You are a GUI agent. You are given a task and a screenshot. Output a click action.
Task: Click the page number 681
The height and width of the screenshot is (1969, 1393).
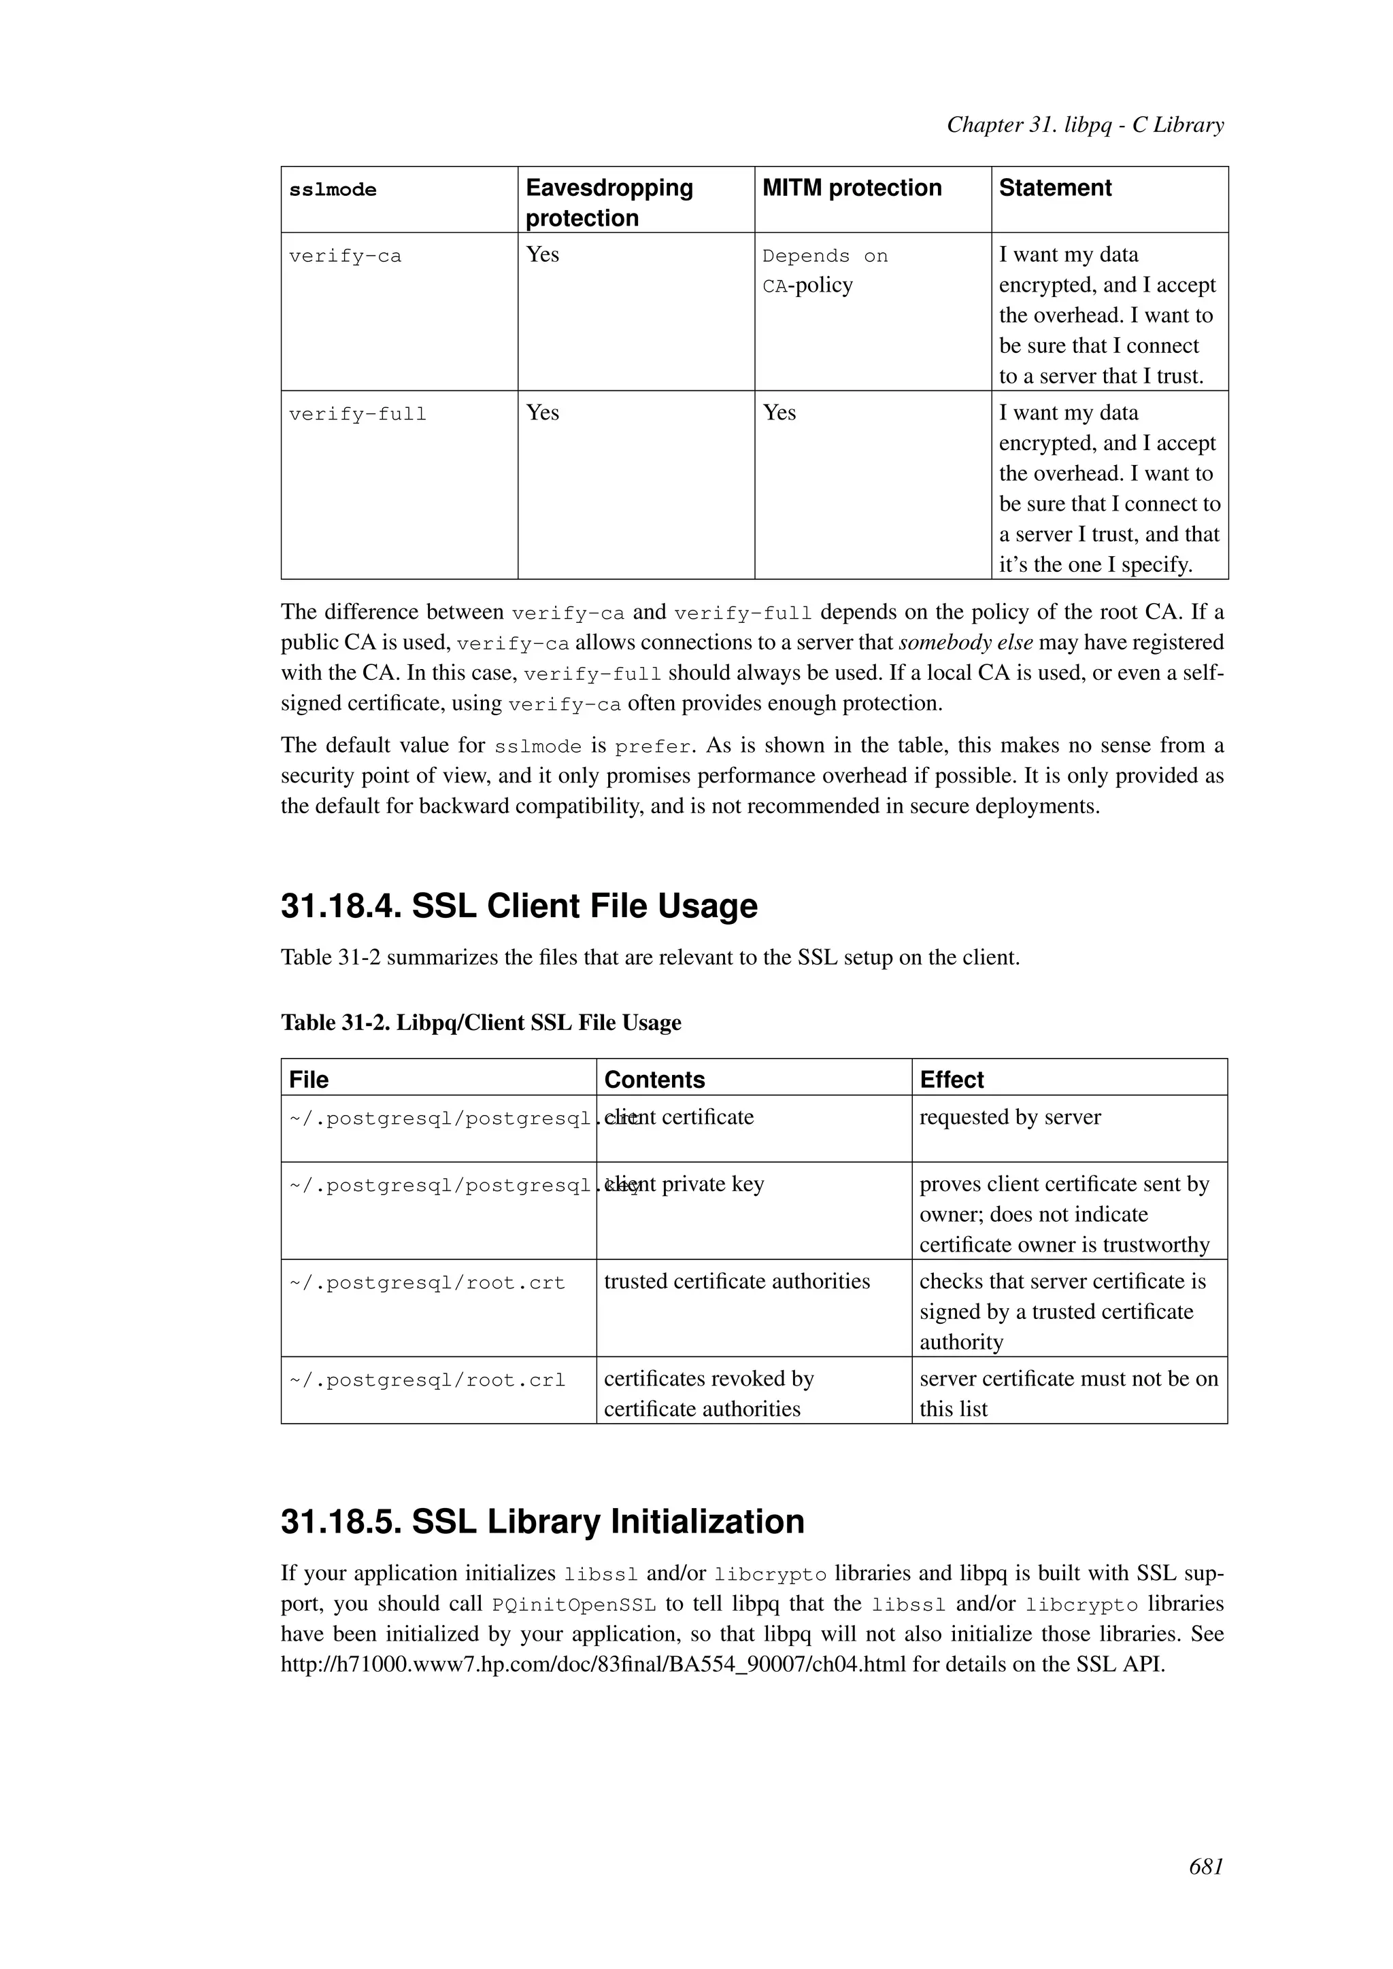pyautogui.click(x=1205, y=1867)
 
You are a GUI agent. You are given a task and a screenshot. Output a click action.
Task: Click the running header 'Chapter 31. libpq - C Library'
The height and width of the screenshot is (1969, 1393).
pyautogui.click(x=1084, y=125)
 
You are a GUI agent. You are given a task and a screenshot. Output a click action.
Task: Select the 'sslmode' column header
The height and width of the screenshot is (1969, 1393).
pyautogui.click(x=333, y=190)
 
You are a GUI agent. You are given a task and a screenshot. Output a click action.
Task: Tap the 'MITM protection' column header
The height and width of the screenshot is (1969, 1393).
pyautogui.click(x=851, y=188)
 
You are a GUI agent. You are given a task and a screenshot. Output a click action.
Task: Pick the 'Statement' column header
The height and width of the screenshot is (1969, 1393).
pyautogui.click(x=1054, y=188)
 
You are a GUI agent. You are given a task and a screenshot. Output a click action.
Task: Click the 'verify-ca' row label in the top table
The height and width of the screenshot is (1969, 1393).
pyautogui.click(x=345, y=256)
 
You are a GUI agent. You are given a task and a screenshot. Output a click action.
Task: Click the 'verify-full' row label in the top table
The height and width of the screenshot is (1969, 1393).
pyautogui.click(x=357, y=415)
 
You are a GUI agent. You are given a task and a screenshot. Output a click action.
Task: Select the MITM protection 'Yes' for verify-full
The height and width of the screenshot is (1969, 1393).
pyautogui.click(x=779, y=413)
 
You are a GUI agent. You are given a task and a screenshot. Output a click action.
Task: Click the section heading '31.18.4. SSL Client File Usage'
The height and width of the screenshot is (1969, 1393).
pyautogui.click(x=519, y=906)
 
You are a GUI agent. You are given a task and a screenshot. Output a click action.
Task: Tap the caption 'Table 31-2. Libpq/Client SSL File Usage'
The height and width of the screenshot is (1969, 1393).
pyautogui.click(x=480, y=1022)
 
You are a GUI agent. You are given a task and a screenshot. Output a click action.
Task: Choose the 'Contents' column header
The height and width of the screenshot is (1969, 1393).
pyautogui.click(x=654, y=1080)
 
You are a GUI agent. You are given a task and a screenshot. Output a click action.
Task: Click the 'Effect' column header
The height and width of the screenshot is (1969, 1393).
pyautogui.click(x=952, y=1080)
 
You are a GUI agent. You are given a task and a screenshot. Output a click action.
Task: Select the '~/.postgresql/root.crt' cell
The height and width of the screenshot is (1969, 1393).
pyautogui.click(x=426, y=1284)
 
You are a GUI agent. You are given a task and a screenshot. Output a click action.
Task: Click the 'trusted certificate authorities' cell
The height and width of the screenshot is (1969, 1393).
pyautogui.click(x=736, y=1281)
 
